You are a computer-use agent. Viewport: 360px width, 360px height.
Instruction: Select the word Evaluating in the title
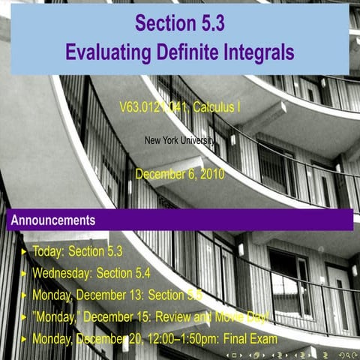coord(111,52)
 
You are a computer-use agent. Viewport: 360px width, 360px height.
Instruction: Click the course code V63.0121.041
coord(154,107)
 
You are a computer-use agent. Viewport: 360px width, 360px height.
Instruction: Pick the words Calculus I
coord(217,107)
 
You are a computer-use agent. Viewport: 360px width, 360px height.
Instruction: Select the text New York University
coord(180,139)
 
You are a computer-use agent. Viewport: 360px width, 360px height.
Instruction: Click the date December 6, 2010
coord(180,175)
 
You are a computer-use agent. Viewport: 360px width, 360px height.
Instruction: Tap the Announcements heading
coord(52,220)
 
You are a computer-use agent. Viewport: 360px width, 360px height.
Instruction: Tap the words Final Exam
coord(251,339)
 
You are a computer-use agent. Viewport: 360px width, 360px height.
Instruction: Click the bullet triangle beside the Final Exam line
coord(24,339)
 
